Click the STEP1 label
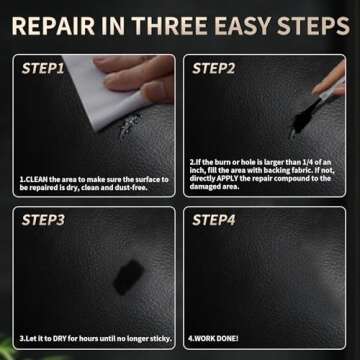(x=44, y=69)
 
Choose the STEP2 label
(x=213, y=69)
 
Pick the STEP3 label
(x=44, y=220)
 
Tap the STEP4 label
(x=213, y=220)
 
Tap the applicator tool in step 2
(x=324, y=100)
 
